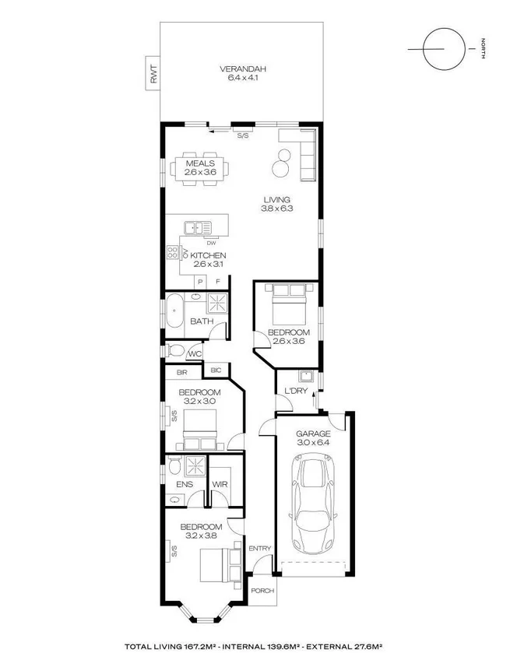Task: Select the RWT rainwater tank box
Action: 153,73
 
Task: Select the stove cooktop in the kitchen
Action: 172,253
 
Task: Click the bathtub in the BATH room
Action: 174,311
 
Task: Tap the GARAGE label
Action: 313,434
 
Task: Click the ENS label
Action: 185,483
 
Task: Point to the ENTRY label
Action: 260,548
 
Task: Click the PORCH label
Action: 262,590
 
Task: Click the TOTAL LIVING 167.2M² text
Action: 174,646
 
